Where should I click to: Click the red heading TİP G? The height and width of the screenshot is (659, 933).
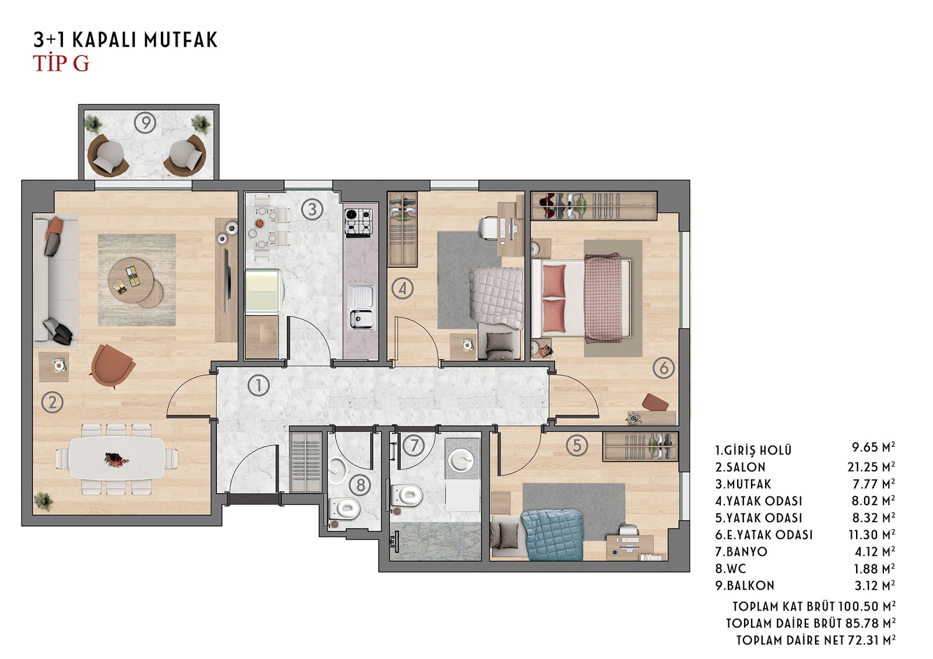[61, 64]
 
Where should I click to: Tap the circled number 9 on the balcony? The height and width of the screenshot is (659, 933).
[145, 123]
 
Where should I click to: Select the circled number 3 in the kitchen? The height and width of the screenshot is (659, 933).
[312, 209]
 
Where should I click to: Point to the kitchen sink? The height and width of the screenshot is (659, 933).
[362, 307]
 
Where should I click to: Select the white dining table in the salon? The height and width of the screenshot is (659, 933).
[117, 457]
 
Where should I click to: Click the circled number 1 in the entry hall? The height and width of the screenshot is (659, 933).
[258, 385]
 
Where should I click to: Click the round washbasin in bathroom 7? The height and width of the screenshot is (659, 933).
[461, 460]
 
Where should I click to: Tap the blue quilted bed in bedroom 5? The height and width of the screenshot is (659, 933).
[552, 535]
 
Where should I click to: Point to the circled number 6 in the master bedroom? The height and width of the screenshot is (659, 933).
[664, 368]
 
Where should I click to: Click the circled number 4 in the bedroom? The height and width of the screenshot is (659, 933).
[402, 288]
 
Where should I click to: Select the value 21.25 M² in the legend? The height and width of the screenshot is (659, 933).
[871, 467]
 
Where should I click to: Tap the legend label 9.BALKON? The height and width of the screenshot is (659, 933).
[745, 586]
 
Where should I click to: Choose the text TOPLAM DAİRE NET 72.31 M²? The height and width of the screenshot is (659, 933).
[816, 640]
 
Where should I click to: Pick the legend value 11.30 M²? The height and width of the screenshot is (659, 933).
[872, 534]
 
